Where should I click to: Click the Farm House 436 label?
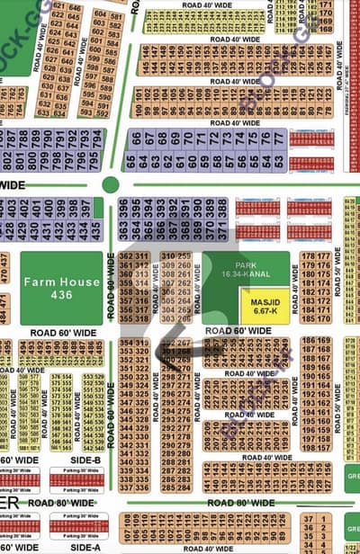tap(61, 288)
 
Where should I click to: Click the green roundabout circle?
tap(111, 184)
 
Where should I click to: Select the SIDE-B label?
tap(85, 460)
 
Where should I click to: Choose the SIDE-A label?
tap(85, 547)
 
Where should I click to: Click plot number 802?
tap(5, 138)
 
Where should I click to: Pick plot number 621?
tap(59, 7)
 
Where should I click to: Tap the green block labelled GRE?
tap(352, 478)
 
